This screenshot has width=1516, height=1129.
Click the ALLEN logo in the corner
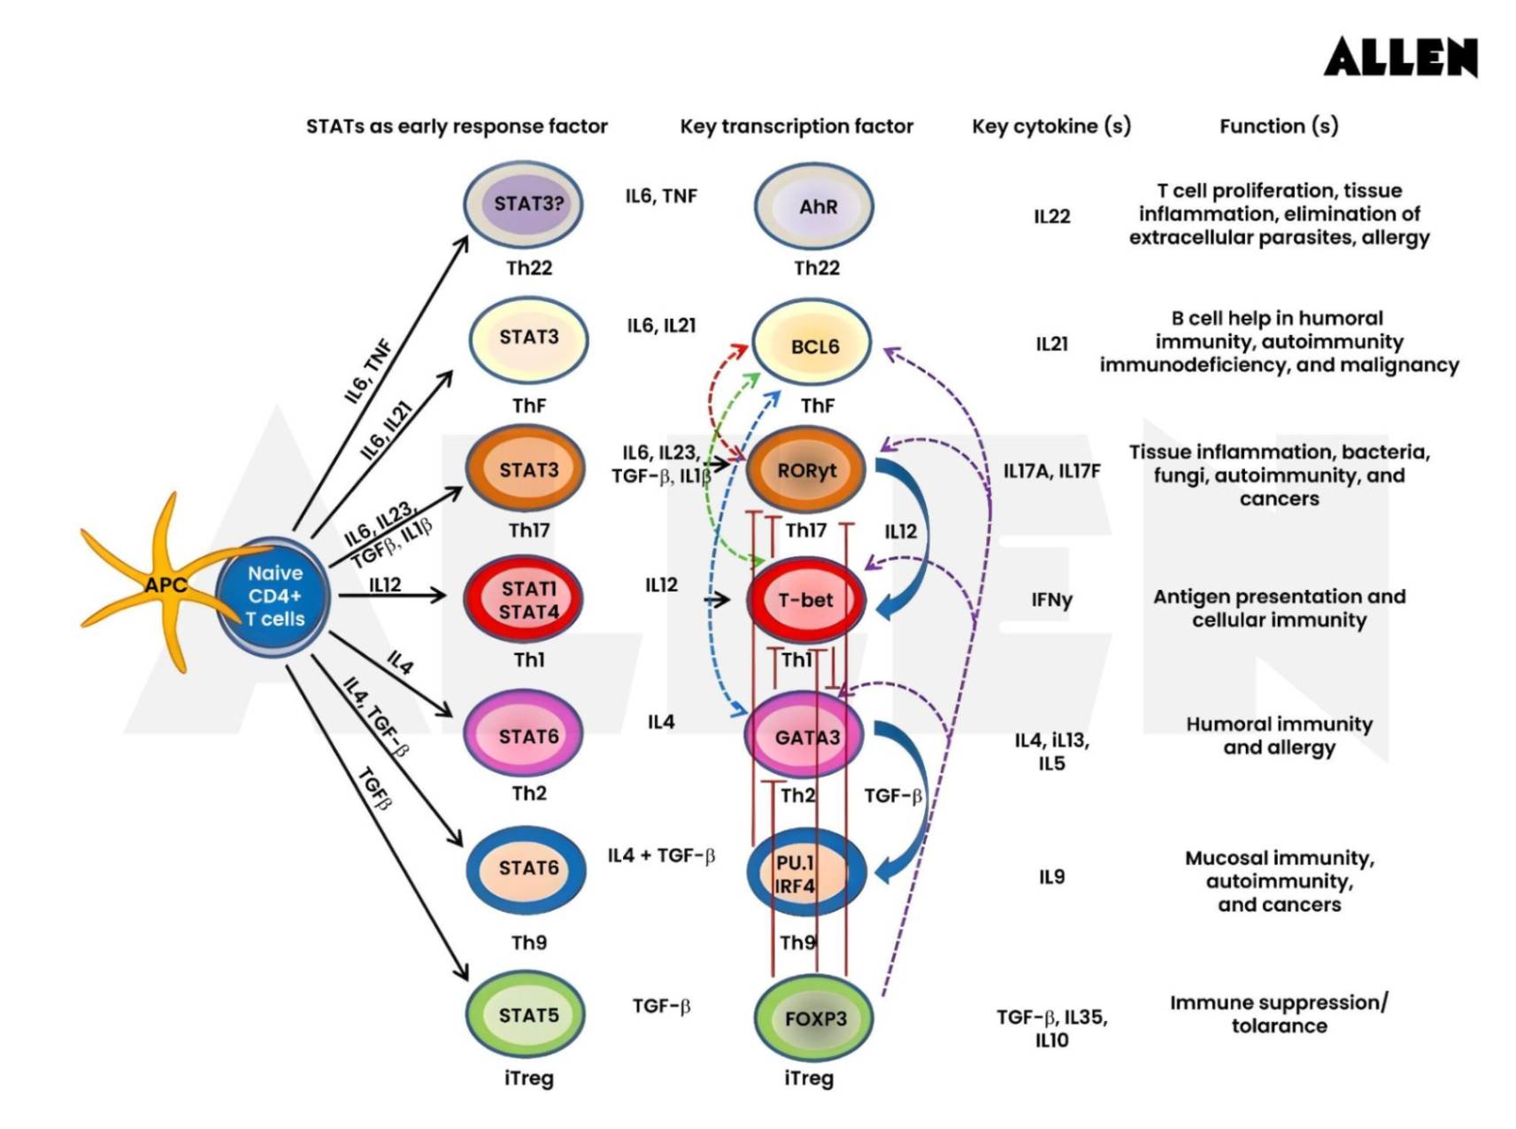point(1400,58)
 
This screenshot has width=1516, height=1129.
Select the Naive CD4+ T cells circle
point(274,596)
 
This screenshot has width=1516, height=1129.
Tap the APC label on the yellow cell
point(165,584)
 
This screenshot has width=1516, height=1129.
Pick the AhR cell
point(815,206)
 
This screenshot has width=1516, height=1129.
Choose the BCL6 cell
point(813,345)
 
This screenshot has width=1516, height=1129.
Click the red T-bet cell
point(805,599)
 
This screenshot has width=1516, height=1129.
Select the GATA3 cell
point(805,737)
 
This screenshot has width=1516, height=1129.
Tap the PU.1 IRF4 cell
point(805,873)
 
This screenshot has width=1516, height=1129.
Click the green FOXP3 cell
point(814,1018)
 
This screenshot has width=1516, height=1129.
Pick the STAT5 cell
point(527,1015)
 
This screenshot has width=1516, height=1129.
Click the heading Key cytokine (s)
point(1050,126)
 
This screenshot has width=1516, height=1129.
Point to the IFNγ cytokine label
point(1051,600)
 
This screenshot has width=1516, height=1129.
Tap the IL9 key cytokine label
point(1051,877)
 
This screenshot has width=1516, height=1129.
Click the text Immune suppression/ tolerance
point(1279,1014)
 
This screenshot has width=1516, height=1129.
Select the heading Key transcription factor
point(796,126)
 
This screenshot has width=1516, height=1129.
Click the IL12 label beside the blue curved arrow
point(900,531)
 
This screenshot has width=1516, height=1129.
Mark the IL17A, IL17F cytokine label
point(1051,471)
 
